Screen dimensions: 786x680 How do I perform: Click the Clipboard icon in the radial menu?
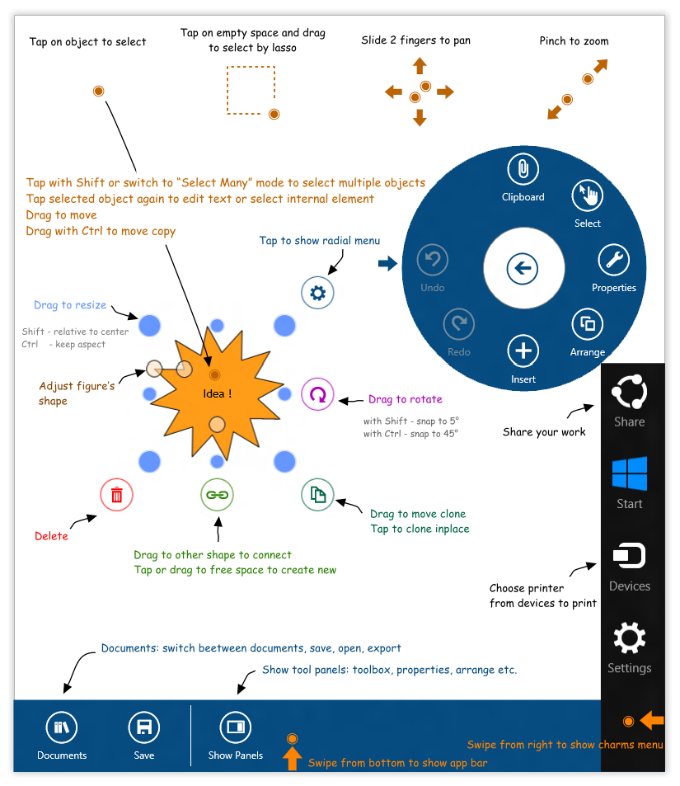pyautogui.click(x=523, y=170)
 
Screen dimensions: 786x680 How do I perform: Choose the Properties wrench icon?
pyautogui.click(x=613, y=260)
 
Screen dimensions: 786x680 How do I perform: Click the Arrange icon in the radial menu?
pyautogui.click(x=588, y=324)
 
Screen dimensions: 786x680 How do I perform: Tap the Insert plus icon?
pyautogui.click(x=523, y=351)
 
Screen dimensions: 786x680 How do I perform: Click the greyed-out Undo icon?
pyautogui.click(x=432, y=261)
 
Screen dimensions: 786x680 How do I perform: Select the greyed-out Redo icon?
pyautogui.click(x=458, y=324)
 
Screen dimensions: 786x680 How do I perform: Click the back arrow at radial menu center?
pyautogui.click(x=523, y=268)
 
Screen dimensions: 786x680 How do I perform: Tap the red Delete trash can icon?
pyautogui.click(x=116, y=495)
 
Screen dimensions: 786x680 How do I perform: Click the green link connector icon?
pyautogui.click(x=217, y=495)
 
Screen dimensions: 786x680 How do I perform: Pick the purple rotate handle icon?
pyautogui.click(x=317, y=394)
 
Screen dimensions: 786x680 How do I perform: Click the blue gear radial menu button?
pyautogui.click(x=317, y=292)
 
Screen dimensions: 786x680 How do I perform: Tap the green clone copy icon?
pyautogui.click(x=317, y=495)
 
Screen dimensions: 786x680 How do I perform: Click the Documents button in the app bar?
pyautogui.click(x=62, y=727)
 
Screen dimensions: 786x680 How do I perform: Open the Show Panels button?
pyautogui.click(x=236, y=727)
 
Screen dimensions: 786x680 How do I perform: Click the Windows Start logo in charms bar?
pyautogui.click(x=630, y=474)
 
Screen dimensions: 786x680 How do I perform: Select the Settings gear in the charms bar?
pyautogui.click(x=630, y=639)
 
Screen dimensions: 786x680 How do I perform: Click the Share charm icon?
pyautogui.click(x=630, y=392)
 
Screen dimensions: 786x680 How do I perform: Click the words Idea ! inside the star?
pyautogui.click(x=218, y=394)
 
